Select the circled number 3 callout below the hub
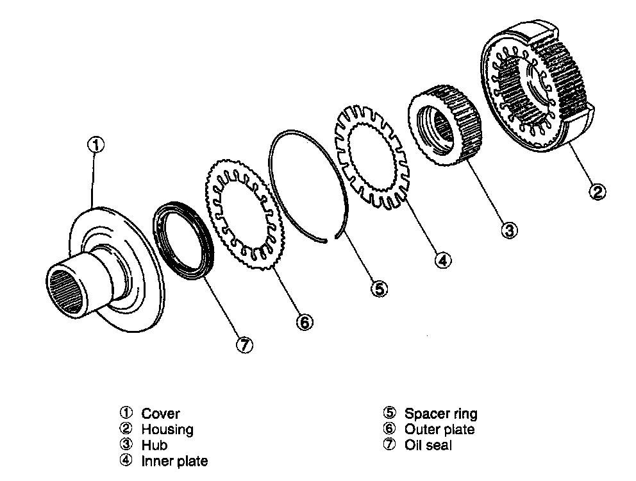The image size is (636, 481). coord(509,230)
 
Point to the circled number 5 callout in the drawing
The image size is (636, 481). coord(379,289)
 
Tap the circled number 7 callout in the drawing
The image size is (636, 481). coord(244,345)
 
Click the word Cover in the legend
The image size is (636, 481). coord(160,414)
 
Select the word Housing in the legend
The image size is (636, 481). coord(167,430)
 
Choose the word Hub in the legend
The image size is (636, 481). coord(154,445)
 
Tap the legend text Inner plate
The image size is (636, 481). coord(174,460)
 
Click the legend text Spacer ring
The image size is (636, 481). coord(440,414)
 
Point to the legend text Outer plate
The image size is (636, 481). coord(439,430)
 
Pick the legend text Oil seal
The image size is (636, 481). coord(428,445)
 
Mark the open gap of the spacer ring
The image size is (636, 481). coord(335,239)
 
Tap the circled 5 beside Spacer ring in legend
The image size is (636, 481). coord(389,414)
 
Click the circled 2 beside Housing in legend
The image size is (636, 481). coord(126,429)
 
